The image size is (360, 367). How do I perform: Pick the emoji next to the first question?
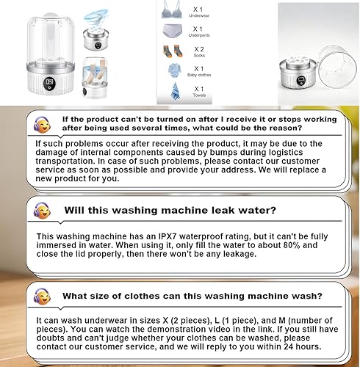[x=42, y=121]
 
